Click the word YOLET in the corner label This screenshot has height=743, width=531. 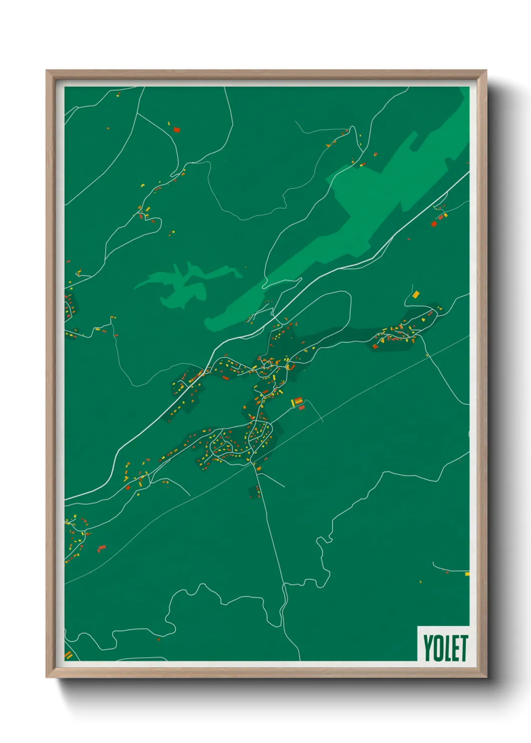[x=445, y=648]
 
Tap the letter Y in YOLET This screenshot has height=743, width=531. [x=429, y=648]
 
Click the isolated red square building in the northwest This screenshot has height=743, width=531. [x=176, y=130]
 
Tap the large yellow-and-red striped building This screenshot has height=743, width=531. [x=297, y=401]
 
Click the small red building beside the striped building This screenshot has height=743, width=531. [x=302, y=408]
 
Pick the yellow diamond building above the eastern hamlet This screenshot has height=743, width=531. [x=416, y=294]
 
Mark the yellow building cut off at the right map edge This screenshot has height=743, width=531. [x=467, y=574]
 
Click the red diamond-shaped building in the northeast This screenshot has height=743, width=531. [x=434, y=224]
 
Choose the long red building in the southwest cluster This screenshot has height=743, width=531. [x=101, y=548]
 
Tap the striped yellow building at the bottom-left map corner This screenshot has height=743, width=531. [x=68, y=655]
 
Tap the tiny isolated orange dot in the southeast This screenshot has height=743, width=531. [x=421, y=582]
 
